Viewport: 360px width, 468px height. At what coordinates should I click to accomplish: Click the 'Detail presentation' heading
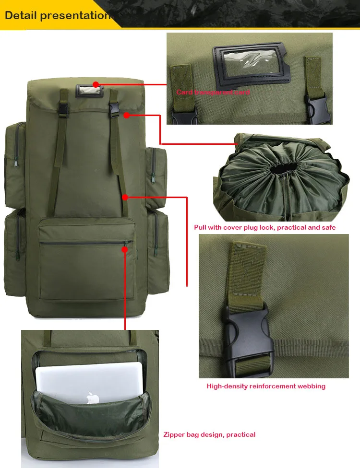(x=57, y=15)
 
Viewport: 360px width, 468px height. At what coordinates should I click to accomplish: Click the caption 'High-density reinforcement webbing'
(x=266, y=386)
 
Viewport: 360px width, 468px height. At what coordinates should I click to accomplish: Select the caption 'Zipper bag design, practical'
(x=209, y=434)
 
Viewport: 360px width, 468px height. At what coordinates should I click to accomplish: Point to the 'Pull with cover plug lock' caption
(x=264, y=227)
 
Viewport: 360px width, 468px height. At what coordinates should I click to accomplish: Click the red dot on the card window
(x=96, y=85)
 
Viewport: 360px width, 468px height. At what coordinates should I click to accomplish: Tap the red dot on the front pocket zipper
(x=125, y=249)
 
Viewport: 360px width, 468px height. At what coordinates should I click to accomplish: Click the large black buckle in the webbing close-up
(x=247, y=336)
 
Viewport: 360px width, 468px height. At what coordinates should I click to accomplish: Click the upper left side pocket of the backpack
(x=15, y=163)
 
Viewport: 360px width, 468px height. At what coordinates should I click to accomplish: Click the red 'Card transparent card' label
(x=213, y=92)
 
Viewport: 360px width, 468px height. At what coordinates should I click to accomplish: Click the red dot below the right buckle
(x=126, y=115)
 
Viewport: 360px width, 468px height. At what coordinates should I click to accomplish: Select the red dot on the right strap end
(x=125, y=197)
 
